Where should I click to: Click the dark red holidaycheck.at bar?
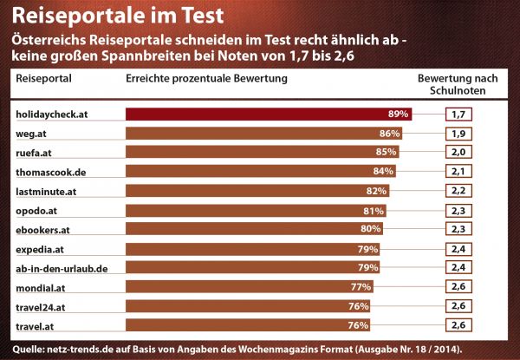coord(269,115)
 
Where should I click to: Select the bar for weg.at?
coord(264,134)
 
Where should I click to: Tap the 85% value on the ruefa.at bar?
coord(386,152)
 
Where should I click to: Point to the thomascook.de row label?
coord(51,173)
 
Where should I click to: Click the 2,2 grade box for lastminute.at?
coord(458,191)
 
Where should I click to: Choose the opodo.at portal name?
coord(36,211)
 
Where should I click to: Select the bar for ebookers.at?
coord(254,229)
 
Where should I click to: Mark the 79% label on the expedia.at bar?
coord(367,249)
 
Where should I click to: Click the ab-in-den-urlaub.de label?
coord(62,269)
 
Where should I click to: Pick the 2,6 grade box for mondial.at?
coord(458,286)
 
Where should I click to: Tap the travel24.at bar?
coord(248,306)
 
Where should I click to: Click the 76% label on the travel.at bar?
coord(358,325)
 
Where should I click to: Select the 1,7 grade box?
coord(458,115)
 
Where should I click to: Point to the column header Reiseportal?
coord(44,79)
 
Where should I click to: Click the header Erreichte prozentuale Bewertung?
coord(206,79)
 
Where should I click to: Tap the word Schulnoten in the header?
coord(458,90)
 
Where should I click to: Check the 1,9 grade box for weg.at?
coord(458,134)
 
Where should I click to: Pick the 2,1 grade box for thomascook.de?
coord(458,172)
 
